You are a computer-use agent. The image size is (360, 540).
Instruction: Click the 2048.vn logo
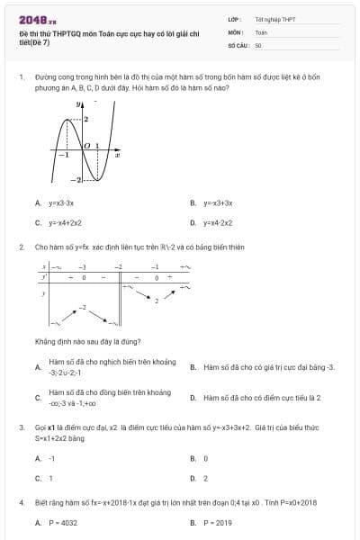[x=38, y=18]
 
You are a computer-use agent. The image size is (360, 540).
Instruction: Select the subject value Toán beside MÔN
[x=261, y=31]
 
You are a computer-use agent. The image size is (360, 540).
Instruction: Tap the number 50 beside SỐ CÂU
[x=258, y=44]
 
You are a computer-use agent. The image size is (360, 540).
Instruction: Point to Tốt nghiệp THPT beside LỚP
[x=274, y=19]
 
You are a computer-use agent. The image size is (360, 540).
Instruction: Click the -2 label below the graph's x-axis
[x=78, y=181]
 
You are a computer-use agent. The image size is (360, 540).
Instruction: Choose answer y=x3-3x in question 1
[x=60, y=204]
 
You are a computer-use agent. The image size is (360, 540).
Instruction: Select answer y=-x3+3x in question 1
[x=217, y=204]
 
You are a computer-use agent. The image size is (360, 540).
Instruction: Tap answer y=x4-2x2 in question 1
[x=217, y=222]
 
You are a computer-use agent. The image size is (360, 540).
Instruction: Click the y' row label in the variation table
[x=44, y=278]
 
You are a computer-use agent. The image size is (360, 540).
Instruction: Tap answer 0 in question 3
[x=205, y=458]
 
